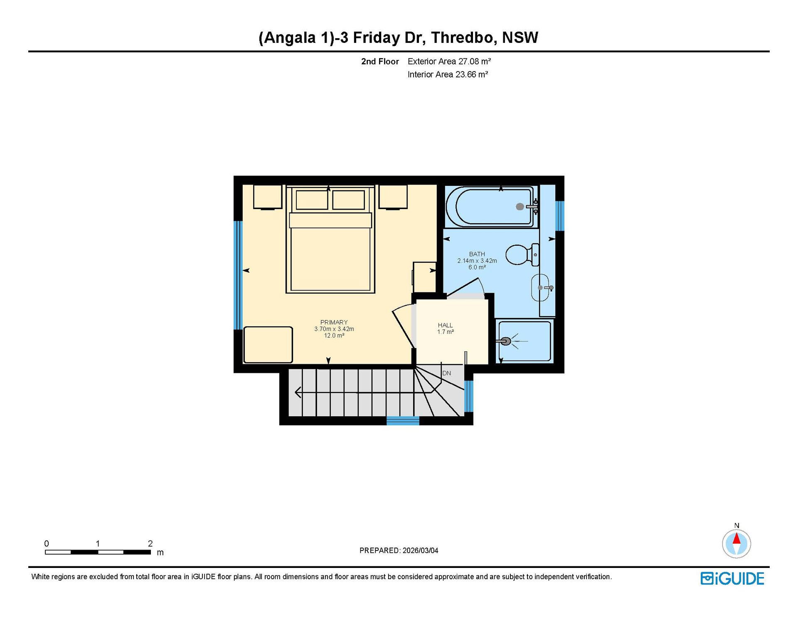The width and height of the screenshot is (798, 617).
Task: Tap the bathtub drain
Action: click(520, 206)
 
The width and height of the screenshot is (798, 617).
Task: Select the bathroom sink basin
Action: click(540, 287)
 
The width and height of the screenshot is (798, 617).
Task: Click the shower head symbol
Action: click(506, 341)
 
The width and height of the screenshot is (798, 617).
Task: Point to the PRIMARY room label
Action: click(334, 322)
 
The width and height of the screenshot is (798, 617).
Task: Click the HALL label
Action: click(445, 325)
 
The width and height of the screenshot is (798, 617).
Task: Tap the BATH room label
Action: click(477, 254)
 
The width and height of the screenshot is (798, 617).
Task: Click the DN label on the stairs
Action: click(446, 373)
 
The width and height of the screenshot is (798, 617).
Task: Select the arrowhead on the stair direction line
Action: click(298, 392)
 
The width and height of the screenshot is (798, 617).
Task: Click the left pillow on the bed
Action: click(312, 200)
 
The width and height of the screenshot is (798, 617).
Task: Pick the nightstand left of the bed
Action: click(268, 197)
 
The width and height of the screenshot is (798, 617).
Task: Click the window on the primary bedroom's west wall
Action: click(238, 275)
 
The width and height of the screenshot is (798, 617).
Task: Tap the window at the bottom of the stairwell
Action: click(403, 421)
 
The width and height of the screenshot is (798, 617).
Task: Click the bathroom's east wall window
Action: click(560, 216)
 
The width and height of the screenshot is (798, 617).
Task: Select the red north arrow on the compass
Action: click(736, 539)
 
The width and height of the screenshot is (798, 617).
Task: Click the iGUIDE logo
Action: click(732, 578)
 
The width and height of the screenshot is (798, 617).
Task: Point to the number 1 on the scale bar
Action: click(98, 543)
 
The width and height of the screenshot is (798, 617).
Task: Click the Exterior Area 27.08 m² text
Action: click(449, 62)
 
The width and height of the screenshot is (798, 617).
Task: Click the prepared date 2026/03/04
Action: click(420, 550)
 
